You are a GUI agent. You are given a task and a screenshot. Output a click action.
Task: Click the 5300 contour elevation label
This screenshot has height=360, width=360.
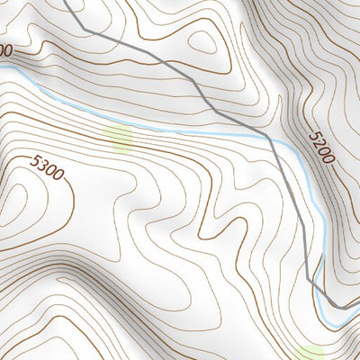coord(47,167)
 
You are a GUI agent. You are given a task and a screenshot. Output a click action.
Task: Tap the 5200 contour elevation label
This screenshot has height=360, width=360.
coord(320,147)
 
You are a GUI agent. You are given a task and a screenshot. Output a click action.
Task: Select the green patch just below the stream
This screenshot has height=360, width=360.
coord(118,137)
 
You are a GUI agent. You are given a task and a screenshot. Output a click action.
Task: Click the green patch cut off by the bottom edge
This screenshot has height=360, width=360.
coord(309,353)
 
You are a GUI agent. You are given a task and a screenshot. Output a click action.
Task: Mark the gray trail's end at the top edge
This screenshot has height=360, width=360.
coord(67,2)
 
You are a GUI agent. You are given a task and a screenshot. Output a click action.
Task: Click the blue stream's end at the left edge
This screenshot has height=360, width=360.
coord(2,66)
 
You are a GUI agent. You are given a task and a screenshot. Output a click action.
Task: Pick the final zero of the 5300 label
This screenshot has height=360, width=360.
coord(58,174)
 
